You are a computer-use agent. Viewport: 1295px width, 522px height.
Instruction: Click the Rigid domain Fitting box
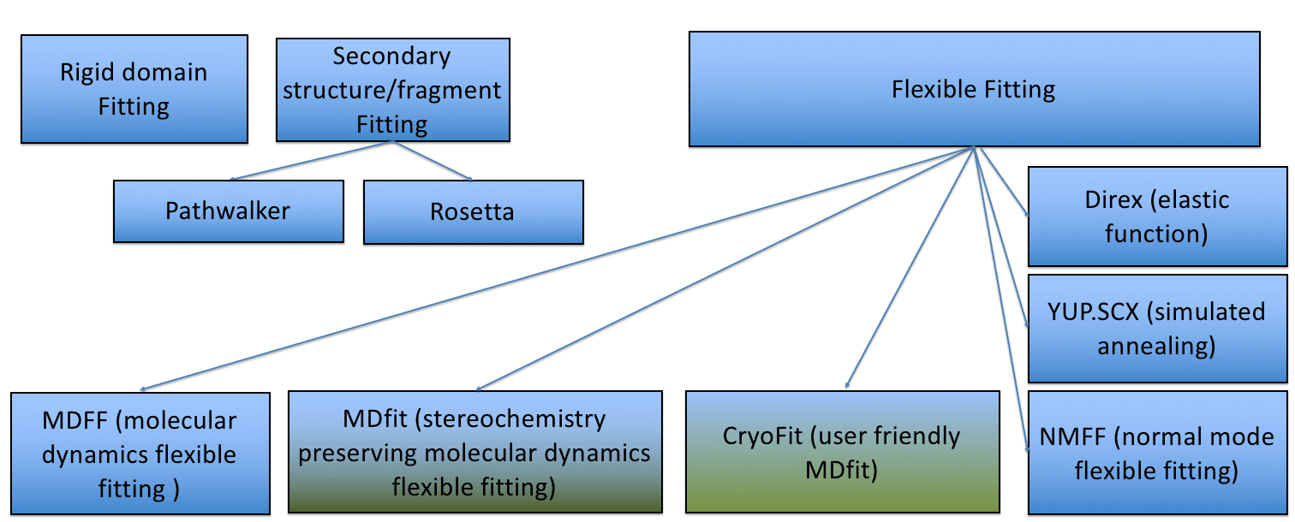pos(134,89)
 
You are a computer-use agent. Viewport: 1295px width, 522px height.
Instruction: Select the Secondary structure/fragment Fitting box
pos(392,90)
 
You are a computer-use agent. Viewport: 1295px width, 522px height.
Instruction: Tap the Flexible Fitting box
pos(974,89)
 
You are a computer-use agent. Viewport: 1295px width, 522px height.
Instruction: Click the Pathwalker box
pos(228,211)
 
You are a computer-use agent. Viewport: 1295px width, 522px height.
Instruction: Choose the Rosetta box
pos(473,211)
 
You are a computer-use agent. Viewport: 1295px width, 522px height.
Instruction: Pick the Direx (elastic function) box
pos(1156,217)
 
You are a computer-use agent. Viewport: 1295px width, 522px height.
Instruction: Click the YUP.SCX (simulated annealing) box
pos(1156,329)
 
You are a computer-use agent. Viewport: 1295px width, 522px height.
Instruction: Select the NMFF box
pos(1156,453)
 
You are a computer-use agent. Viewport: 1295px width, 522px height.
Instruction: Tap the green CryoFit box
pos(843,452)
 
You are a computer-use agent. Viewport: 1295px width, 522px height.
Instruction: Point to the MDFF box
pos(140,454)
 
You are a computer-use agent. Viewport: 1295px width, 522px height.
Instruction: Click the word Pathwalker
pos(228,211)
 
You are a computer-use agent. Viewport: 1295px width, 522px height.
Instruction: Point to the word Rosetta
pos(473,211)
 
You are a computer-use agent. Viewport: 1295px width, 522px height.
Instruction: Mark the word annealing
pos(1156,346)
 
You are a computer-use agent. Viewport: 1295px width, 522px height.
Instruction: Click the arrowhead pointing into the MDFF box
pos(144,389)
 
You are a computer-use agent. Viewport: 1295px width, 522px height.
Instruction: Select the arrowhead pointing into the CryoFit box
pos(848,386)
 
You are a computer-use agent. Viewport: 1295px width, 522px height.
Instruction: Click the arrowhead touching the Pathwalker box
pos(234,179)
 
